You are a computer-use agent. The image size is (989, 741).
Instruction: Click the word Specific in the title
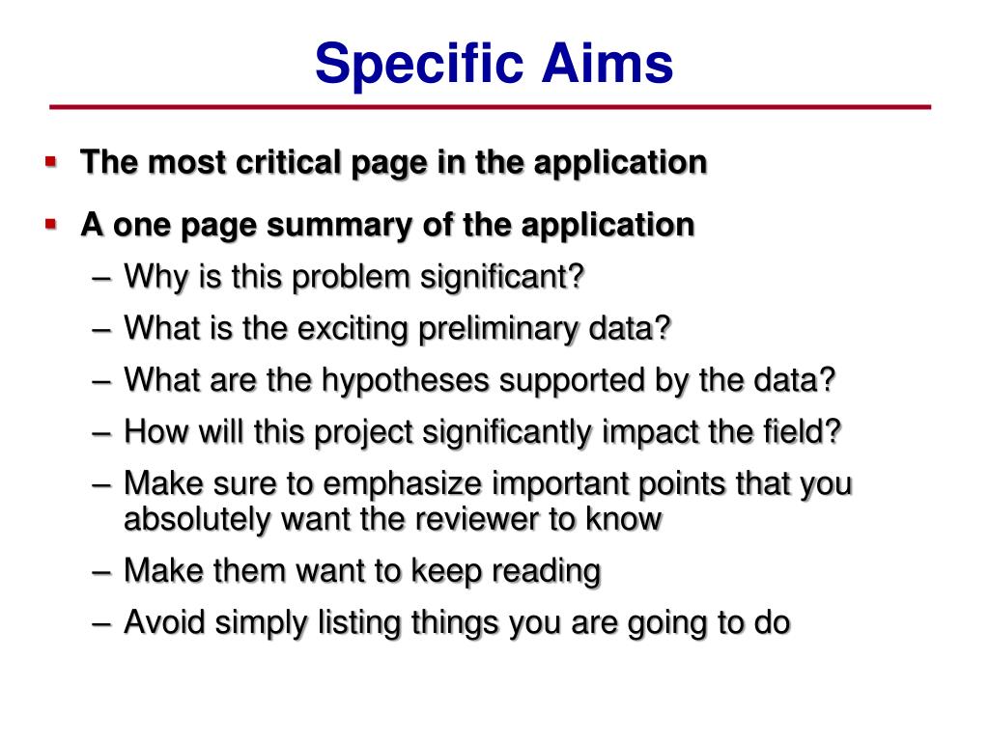tap(419, 65)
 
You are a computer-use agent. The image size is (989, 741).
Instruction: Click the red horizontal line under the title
tap(490, 107)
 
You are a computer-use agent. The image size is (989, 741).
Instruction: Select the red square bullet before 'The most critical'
tap(51, 162)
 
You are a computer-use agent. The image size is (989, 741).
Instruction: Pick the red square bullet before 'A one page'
tap(51, 224)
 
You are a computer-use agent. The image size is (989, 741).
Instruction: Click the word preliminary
tap(497, 329)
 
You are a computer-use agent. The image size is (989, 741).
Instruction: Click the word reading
tap(546, 571)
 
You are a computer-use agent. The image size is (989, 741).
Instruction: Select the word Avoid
tap(165, 622)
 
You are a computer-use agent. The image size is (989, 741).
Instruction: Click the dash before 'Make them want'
tap(102, 572)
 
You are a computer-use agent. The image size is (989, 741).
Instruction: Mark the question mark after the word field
tap(833, 431)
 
